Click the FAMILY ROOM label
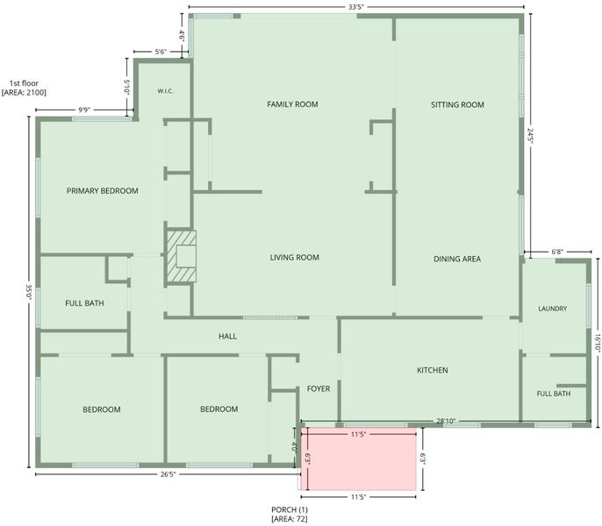click(x=292, y=104)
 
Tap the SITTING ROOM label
click(x=457, y=104)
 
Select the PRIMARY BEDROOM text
click(x=103, y=191)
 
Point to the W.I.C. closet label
click(x=165, y=91)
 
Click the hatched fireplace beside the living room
click(x=181, y=257)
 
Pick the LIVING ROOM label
click(x=295, y=258)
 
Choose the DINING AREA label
click(x=457, y=259)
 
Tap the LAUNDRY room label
click(x=553, y=309)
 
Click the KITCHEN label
click(x=433, y=370)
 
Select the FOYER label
click(x=319, y=389)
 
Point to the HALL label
click(x=227, y=337)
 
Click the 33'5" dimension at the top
click(x=356, y=7)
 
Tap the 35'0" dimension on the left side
click(x=29, y=292)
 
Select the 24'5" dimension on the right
click(x=530, y=136)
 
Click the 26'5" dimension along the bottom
click(x=168, y=474)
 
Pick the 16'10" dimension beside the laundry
click(x=598, y=343)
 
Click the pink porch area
click(x=359, y=458)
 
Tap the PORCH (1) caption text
click(x=290, y=510)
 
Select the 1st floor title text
click(x=25, y=83)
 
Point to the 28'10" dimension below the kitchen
click(x=446, y=422)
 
